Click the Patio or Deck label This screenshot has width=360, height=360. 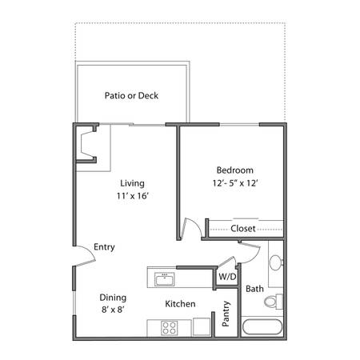[x=131, y=95]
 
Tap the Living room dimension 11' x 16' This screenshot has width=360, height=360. [x=132, y=196]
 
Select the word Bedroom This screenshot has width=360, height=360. [x=235, y=170]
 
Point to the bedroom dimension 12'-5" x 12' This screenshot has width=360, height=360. [x=235, y=183]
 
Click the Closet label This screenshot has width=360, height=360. [x=243, y=229]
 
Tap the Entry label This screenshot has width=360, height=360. [x=104, y=247]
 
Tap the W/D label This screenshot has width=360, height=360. [x=227, y=277]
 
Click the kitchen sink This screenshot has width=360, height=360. [x=165, y=279]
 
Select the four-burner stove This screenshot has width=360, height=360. [x=170, y=328]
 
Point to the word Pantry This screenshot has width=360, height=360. [x=226, y=314]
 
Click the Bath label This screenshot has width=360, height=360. [x=254, y=289]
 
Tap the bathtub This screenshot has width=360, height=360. [x=262, y=327]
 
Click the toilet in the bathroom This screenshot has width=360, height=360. [x=274, y=302]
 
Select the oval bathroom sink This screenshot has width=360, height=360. [x=275, y=262]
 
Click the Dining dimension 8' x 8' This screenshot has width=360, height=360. [x=113, y=310]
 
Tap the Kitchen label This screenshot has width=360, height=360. [x=180, y=304]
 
